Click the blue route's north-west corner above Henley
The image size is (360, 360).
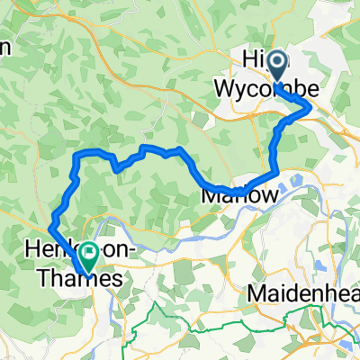coord(76,157)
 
